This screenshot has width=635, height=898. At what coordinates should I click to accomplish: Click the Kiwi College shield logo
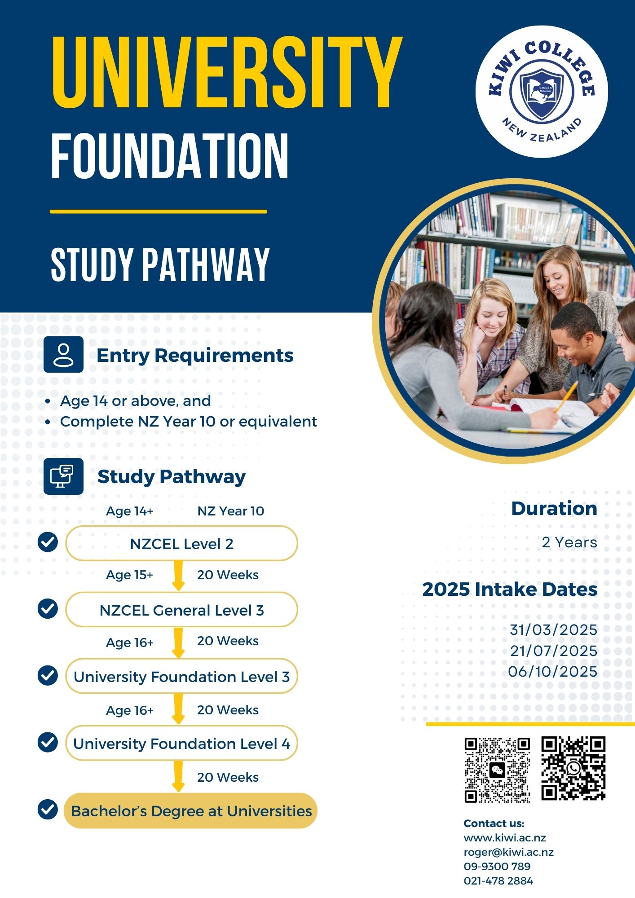(542, 92)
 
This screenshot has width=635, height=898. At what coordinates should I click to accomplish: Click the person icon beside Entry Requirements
(63, 354)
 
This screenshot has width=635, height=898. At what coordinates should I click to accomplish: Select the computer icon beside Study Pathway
(63, 476)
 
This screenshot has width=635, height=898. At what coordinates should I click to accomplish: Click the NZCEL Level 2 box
(181, 544)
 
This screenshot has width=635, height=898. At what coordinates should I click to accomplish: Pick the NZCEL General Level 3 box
(181, 610)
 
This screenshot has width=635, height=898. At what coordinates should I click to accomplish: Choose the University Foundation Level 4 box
(181, 744)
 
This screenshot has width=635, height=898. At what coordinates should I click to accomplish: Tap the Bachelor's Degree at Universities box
(191, 811)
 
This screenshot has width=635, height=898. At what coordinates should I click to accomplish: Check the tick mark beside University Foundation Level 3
(48, 675)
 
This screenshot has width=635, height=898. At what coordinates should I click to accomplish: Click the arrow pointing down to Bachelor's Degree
(178, 776)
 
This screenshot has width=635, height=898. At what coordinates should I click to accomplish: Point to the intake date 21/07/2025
(553, 651)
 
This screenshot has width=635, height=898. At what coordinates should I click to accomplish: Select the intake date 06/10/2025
(552, 672)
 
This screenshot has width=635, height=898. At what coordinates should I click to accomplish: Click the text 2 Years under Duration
(569, 542)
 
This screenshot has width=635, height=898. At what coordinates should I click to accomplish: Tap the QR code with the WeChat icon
(497, 770)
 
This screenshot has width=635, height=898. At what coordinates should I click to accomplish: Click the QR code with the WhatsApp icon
(573, 768)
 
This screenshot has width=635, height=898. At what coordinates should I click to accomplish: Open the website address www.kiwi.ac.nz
(505, 838)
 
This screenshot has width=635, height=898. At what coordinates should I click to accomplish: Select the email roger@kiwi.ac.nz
(508, 852)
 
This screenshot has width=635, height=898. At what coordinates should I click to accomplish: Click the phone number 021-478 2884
(498, 881)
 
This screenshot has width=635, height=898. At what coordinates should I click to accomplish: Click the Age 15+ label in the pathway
(129, 575)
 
